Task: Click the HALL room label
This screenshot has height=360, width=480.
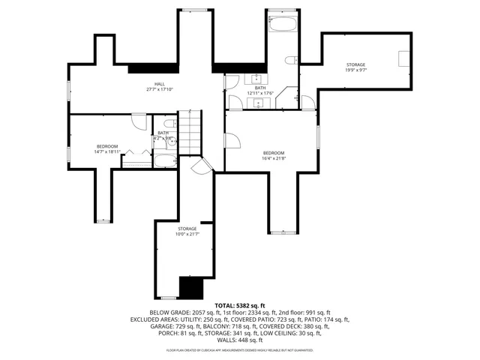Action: [x=159, y=84]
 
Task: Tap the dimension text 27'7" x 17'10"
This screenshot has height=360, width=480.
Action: [x=159, y=90]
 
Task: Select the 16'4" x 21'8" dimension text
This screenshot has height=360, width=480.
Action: [x=273, y=158]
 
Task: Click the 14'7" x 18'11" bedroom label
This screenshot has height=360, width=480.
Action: [x=107, y=145]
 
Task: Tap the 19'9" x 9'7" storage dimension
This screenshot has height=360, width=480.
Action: [x=355, y=70]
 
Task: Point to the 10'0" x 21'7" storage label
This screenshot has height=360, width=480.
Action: [x=187, y=229]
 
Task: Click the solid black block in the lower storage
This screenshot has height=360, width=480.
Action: [x=190, y=287]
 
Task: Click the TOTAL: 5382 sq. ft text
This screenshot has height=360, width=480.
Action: [x=240, y=306]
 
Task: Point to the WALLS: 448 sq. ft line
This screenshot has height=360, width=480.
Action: [x=240, y=340]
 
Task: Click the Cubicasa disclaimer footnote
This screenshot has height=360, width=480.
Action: [x=240, y=350]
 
